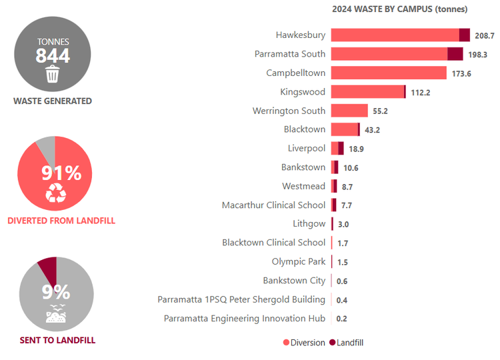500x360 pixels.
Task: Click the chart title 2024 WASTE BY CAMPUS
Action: [399, 9]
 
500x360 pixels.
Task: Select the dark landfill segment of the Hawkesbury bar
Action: [465, 35]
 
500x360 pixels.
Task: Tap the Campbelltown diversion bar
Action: [388, 73]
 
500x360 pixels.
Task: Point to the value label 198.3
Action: [477, 55]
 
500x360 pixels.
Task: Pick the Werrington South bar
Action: [349, 111]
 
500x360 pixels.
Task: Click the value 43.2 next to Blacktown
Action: [372, 130]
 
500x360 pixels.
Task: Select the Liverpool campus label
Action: [307, 148]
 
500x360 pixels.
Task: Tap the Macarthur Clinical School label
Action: [273, 205]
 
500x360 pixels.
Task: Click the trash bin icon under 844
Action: [53, 74]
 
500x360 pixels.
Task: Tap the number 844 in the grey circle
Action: [53, 56]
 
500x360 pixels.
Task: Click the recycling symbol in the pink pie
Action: [55, 193]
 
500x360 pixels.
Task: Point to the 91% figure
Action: [61, 173]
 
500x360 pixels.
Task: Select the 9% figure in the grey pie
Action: [56, 292]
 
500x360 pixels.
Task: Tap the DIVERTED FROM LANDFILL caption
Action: [61, 221]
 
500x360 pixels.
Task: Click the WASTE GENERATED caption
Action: [53, 101]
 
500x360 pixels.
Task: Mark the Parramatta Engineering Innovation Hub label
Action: [244, 319]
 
